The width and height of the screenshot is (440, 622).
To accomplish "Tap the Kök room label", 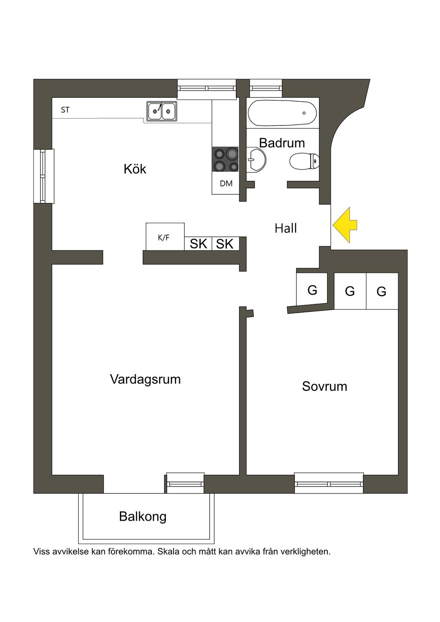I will pos(135,169).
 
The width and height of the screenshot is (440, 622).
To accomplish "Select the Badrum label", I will pos(282,143).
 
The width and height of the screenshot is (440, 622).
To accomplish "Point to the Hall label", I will pos(286,228).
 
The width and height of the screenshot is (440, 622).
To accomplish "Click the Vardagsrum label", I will pos(145,379).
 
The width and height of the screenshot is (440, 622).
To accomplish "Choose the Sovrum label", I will pos(324,386).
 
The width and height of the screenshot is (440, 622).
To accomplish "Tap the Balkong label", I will pos(143,516).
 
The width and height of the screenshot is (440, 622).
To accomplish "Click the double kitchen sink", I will pos(162,111).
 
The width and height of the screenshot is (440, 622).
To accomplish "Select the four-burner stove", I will pos(225,160).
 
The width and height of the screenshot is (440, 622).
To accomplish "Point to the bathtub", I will pos(282,113).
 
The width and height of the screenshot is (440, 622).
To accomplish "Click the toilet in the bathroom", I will pos(304,162).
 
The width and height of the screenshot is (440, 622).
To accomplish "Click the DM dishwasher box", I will pos(226,184).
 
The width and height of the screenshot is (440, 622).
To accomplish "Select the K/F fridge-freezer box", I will pos(165,237).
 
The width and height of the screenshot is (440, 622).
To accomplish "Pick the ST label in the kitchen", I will pos(65,110).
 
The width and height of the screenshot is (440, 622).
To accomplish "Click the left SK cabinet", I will pos(199,244).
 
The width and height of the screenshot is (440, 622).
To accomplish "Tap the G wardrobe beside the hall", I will pos(312,290).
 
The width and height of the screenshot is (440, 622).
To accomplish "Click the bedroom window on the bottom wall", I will pos(329,484).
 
